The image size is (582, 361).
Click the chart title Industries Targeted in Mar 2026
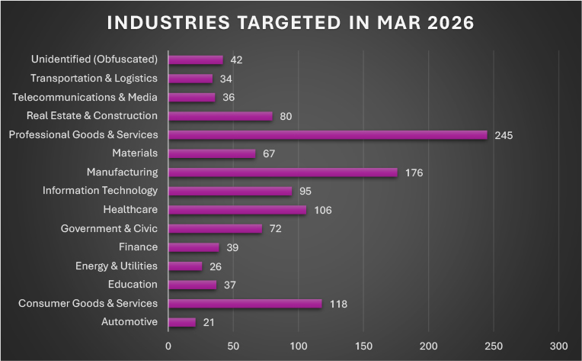[x=291, y=22]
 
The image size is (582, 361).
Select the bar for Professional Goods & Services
[x=328, y=135]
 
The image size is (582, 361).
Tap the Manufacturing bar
[x=283, y=172]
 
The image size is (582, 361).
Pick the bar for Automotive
[x=182, y=322]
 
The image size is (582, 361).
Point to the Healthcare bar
[x=237, y=210]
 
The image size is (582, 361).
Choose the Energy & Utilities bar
[x=185, y=266]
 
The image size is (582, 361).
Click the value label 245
[x=504, y=136]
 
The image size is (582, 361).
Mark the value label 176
[x=414, y=173]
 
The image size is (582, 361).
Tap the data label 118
[x=338, y=304]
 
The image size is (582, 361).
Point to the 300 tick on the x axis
[x=559, y=344]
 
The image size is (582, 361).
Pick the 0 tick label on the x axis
[x=168, y=344]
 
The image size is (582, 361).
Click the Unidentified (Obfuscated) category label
[x=94, y=59]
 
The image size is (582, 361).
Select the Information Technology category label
[x=100, y=190]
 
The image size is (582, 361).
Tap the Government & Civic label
[x=109, y=228]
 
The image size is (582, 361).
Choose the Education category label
[x=133, y=284]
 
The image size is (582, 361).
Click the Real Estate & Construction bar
[x=220, y=116]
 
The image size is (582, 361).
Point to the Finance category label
[x=138, y=247]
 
